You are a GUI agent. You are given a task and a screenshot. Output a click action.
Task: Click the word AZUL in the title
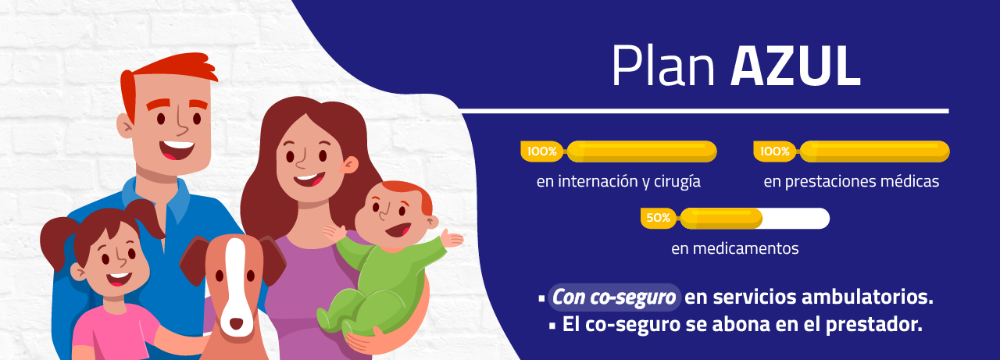point(795,67)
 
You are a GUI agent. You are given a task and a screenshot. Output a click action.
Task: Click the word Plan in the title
point(663,66)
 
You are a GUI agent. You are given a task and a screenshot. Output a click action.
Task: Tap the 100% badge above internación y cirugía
point(542,151)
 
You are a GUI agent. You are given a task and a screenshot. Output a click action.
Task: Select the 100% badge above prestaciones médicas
point(775,151)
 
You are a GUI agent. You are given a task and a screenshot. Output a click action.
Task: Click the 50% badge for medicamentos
point(658,218)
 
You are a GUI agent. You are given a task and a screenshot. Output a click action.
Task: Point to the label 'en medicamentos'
point(735,248)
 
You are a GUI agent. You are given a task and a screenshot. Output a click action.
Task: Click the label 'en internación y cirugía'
point(619,181)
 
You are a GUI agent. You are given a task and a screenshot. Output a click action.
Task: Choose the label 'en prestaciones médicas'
point(852,181)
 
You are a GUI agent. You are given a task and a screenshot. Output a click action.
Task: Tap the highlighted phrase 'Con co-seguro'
point(614,297)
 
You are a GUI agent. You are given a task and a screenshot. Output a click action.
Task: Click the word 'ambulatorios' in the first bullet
point(867,297)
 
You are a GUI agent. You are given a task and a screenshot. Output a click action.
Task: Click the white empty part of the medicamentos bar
point(796,219)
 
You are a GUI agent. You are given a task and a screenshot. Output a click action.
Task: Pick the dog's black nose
point(236,323)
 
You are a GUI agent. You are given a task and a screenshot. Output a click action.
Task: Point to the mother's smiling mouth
point(309,180)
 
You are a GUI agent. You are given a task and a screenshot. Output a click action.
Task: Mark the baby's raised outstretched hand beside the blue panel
point(452,238)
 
